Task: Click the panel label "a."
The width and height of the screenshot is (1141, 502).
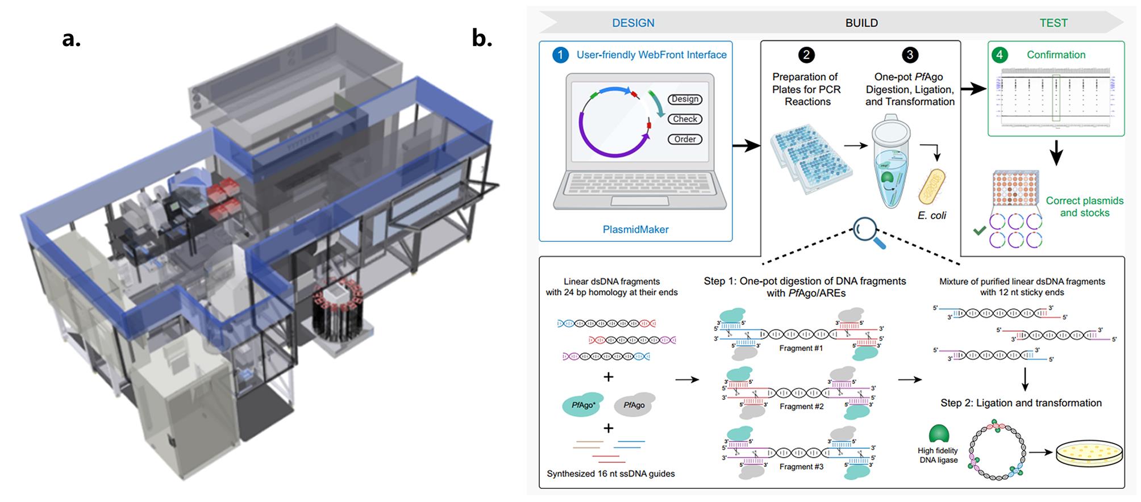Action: coord(72,39)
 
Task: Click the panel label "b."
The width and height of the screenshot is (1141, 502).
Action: coord(482,39)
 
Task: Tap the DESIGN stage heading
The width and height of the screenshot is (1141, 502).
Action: coord(633,23)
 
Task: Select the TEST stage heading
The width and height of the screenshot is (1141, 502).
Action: coord(1053,23)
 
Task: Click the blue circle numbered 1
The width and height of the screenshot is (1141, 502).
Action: coord(560,55)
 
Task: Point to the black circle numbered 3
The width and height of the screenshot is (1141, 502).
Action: coord(910,55)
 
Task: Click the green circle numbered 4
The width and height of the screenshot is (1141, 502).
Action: coord(1000,55)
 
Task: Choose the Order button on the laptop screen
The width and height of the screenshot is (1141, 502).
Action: coord(685,139)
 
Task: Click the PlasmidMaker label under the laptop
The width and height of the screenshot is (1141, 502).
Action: coord(635,229)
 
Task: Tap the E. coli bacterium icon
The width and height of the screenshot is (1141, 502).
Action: coord(932,186)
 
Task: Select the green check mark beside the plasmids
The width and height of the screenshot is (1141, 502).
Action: coord(979,231)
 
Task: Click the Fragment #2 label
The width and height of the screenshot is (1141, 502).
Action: coord(801,407)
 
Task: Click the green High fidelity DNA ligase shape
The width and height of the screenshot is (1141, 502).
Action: coord(939,434)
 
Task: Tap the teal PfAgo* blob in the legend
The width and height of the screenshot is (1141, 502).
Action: coord(583,404)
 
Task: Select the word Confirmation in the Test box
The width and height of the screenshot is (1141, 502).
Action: coord(1056,55)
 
